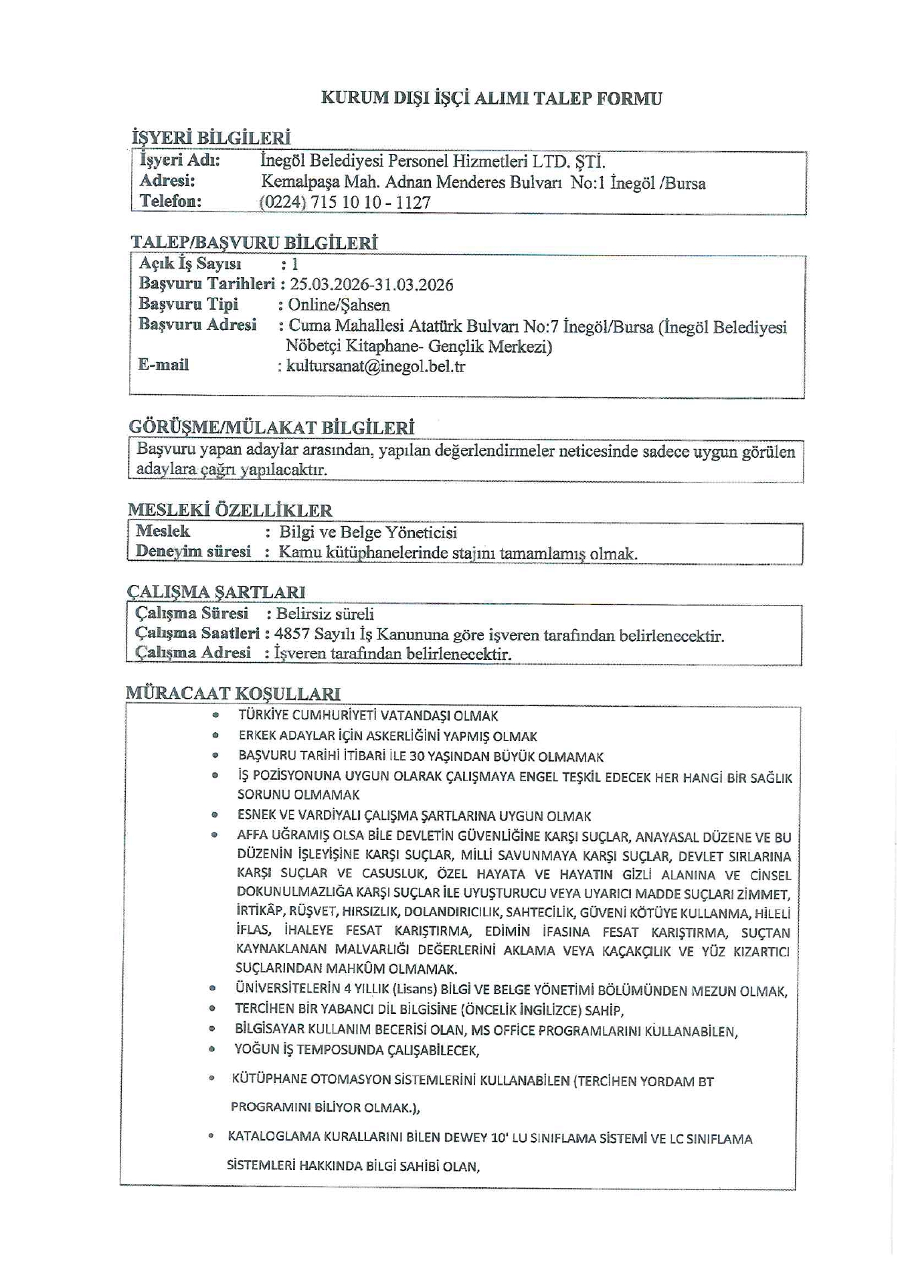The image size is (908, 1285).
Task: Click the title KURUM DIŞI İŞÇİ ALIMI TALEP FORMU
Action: click(491, 98)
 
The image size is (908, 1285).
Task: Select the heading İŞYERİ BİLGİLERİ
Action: click(211, 139)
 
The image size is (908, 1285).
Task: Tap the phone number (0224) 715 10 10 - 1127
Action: click(345, 202)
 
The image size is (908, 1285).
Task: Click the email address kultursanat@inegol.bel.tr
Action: click(375, 366)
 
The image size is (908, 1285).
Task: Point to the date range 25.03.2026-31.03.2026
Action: click(371, 285)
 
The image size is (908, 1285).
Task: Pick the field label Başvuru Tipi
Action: click(188, 305)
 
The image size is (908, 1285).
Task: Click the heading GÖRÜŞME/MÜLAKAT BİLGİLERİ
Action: click(271, 427)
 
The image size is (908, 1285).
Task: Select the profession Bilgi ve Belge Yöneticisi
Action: click(368, 533)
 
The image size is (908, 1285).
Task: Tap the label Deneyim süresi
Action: click(193, 551)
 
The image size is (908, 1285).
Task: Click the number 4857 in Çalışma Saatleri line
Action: click(292, 634)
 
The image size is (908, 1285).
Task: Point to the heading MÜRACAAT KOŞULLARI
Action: click(233, 694)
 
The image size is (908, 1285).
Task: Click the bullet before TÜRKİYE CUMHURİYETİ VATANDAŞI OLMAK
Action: click(215, 715)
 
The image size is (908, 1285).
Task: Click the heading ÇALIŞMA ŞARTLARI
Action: click(215, 592)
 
